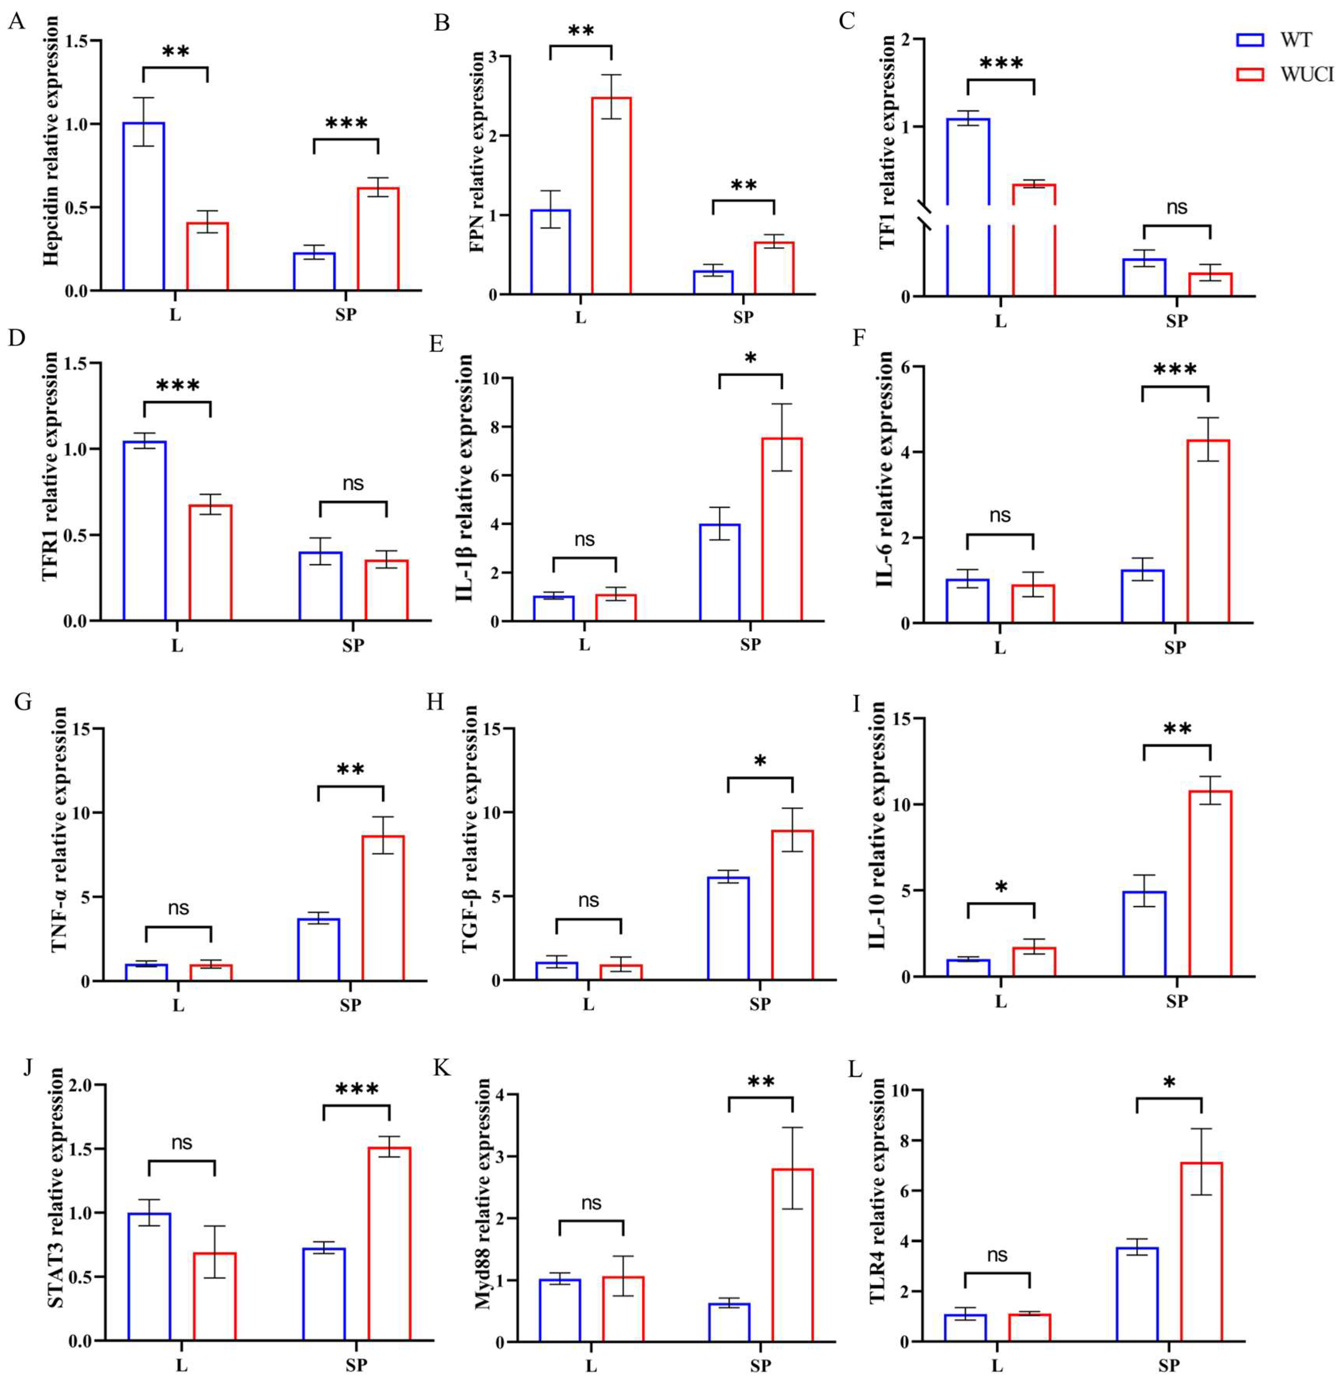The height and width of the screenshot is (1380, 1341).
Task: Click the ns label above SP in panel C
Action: tap(1176, 208)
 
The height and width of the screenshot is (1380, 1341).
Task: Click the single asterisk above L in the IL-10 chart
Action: tap(1001, 888)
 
